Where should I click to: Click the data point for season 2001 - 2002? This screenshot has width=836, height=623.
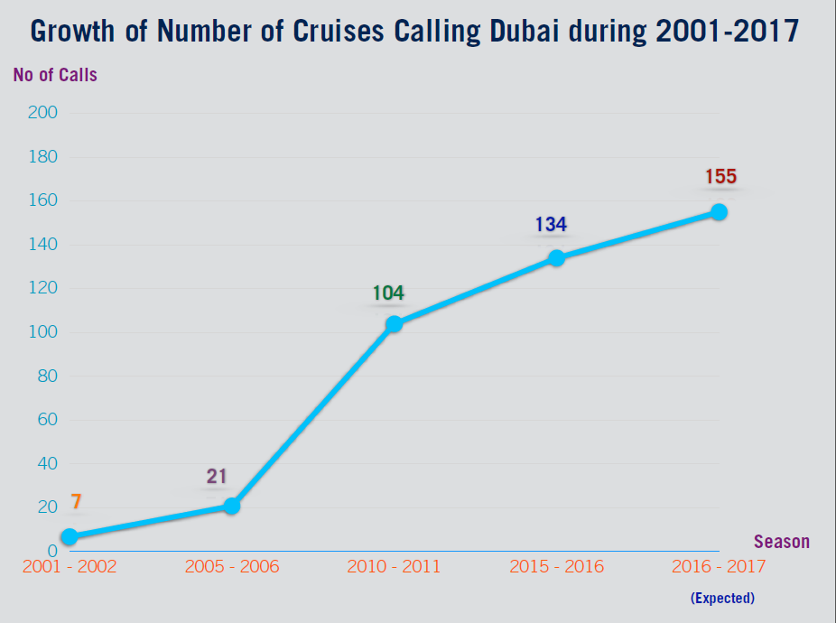pyautogui.click(x=69, y=536)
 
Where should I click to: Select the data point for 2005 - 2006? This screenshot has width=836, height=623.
pyautogui.click(x=232, y=506)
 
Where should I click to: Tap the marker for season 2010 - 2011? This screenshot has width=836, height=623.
pyautogui.click(x=394, y=323)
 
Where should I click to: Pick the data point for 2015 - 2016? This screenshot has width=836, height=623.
pyautogui.click(x=556, y=257)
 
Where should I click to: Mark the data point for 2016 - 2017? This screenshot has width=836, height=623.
pyautogui.click(x=719, y=211)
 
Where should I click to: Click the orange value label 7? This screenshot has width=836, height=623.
pyautogui.click(x=76, y=503)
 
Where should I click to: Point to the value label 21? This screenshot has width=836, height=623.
pyautogui.click(x=216, y=477)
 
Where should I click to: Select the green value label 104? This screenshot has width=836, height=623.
pyautogui.click(x=388, y=293)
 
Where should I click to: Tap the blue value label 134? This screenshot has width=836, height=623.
pyautogui.click(x=551, y=225)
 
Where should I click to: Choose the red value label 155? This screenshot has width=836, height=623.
pyautogui.click(x=720, y=177)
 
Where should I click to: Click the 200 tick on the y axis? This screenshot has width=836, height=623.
pyautogui.click(x=43, y=113)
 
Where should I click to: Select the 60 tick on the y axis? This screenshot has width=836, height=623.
pyautogui.click(x=46, y=420)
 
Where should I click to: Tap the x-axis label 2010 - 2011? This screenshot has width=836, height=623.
pyautogui.click(x=394, y=567)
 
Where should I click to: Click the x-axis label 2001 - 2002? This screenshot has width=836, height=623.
pyautogui.click(x=70, y=567)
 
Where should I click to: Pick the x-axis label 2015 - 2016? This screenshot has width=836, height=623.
pyautogui.click(x=556, y=567)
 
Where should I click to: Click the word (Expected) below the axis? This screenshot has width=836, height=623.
pyautogui.click(x=722, y=598)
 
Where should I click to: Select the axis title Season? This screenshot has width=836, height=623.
pyautogui.click(x=782, y=543)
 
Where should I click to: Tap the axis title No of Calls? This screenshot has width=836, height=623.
pyautogui.click(x=55, y=76)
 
